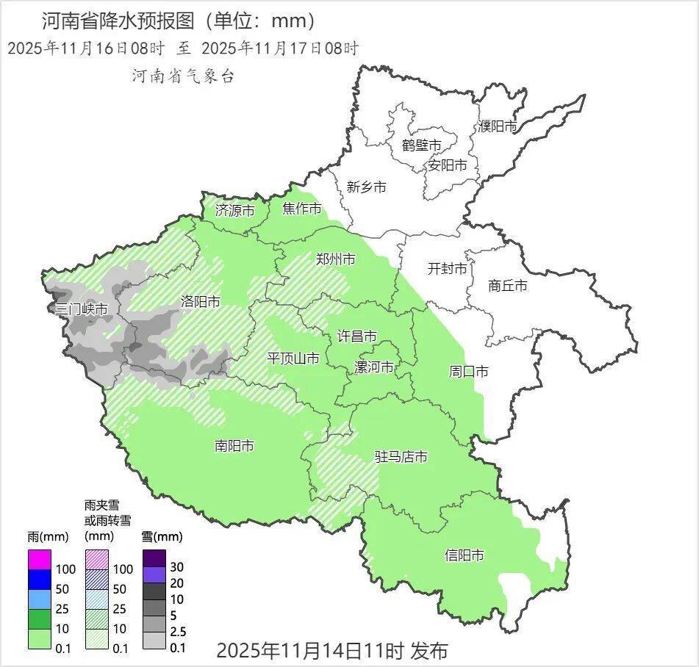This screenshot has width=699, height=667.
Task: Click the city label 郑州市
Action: click(335, 259)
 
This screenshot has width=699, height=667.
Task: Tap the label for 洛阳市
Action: click(200, 302)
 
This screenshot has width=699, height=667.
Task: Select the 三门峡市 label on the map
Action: click(81, 309)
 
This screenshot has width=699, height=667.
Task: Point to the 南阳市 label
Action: click(234, 446)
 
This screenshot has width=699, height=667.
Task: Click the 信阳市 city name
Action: click(465, 555)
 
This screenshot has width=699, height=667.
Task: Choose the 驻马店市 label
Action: click(401, 457)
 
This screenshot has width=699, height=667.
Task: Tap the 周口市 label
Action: click(468, 372)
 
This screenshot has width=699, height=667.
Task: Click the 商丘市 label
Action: click(507, 286)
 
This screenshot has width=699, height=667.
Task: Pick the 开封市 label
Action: click(447, 269)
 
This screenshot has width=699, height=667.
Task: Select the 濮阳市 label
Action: click(498, 126)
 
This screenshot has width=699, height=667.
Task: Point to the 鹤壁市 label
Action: click(421, 145)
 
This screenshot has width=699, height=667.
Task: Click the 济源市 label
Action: click(234, 211)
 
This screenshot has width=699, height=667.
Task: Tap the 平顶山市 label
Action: click(293, 358)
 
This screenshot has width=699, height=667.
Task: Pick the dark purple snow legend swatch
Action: click(154, 558)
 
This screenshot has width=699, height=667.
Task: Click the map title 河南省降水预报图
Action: click(119, 20)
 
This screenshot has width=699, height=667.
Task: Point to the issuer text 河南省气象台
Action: click(183, 76)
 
